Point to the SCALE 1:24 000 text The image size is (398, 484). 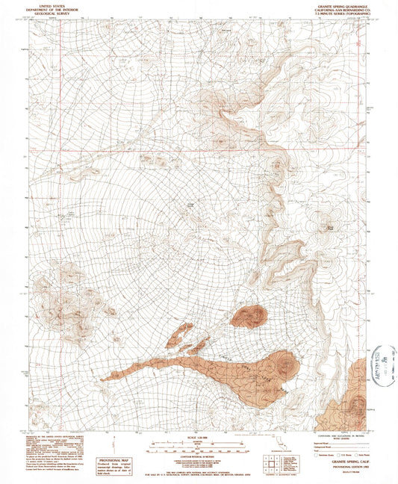coord(198,437)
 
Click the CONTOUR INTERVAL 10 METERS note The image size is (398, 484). coord(198,457)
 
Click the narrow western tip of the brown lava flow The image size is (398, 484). coord(105,378)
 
